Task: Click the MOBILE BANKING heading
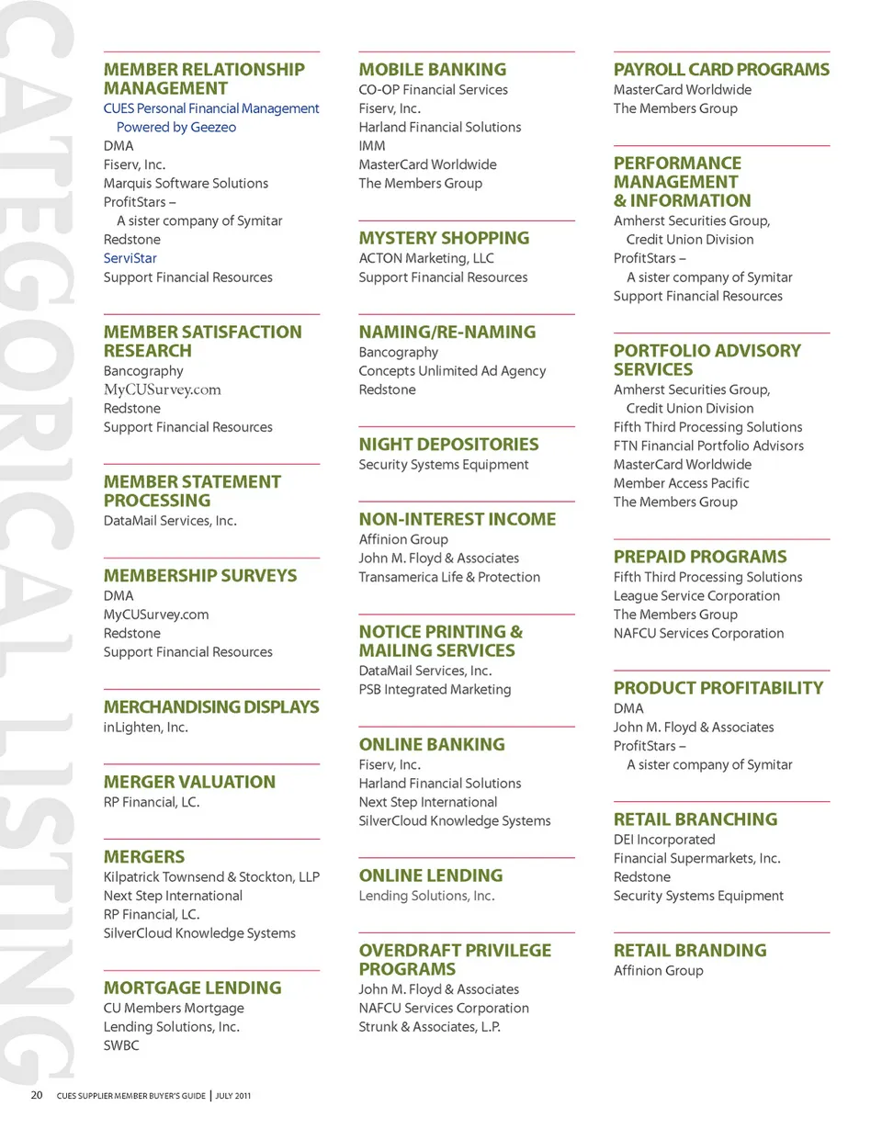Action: (x=432, y=70)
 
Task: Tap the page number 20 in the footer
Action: (x=37, y=1095)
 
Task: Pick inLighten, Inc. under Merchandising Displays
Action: (x=147, y=728)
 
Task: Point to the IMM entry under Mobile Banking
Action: (x=372, y=145)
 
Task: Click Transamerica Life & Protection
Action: (x=449, y=577)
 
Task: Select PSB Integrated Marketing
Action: (x=435, y=689)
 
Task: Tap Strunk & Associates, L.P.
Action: (x=429, y=1026)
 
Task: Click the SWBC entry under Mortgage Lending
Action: (x=121, y=1045)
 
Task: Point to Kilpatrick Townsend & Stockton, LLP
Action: (x=211, y=876)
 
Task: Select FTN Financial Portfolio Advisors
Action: (x=708, y=446)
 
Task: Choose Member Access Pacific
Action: (x=681, y=483)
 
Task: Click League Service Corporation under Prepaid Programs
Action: (x=696, y=595)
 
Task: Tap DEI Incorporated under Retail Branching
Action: (x=663, y=840)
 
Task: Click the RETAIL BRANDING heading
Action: (x=689, y=951)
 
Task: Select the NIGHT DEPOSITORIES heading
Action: (x=448, y=445)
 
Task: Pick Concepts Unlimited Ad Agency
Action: (x=452, y=371)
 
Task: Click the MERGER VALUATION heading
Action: (x=189, y=782)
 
